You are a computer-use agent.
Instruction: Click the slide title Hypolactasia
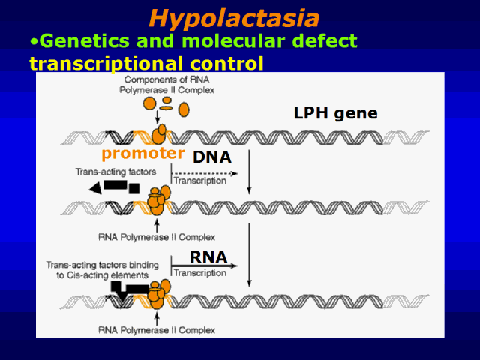point(233,17)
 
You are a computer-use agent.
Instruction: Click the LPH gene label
point(334,114)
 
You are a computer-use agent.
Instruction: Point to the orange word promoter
point(142,154)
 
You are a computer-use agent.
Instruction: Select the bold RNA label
point(208,257)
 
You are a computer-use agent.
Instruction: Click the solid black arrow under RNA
point(205,265)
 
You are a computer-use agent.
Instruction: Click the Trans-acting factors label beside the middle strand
point(115,172)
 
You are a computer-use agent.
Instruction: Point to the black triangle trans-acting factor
point(95,188)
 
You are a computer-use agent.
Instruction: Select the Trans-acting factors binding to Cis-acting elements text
point(97,270)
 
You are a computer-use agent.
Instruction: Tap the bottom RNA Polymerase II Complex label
point(157,330)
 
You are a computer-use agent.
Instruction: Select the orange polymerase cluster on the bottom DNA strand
point(156,294)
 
